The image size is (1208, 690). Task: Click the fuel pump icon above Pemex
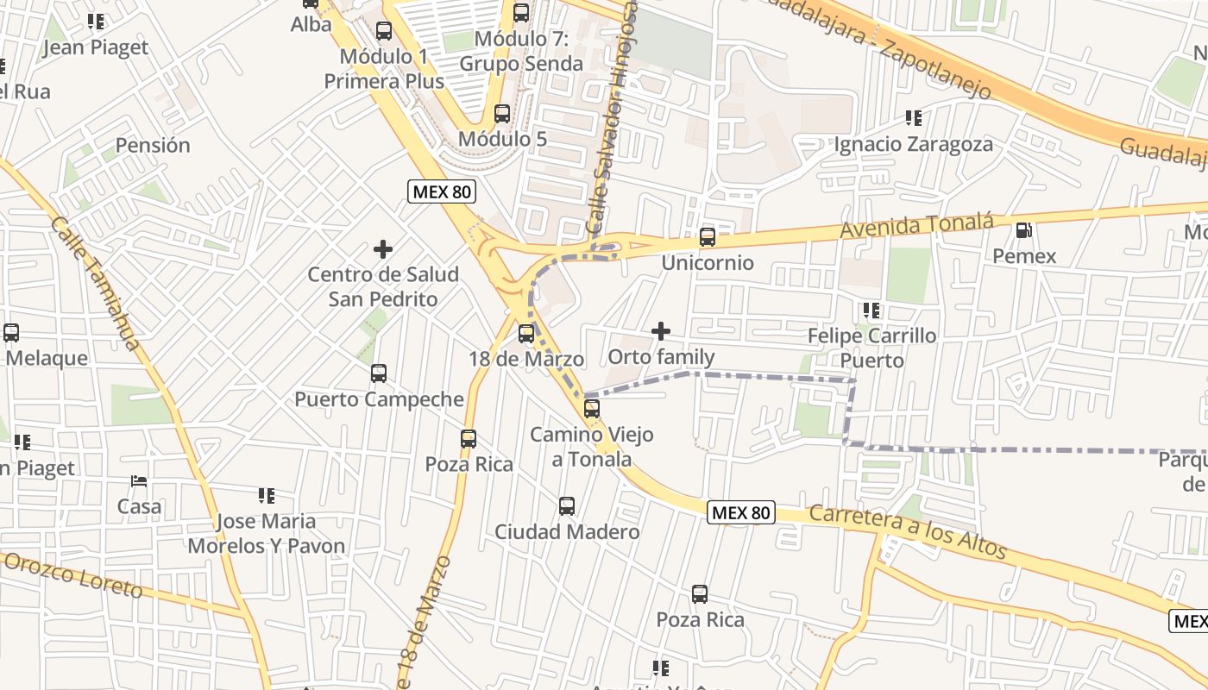[1024, 230]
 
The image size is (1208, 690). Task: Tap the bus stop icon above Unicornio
[708, 236]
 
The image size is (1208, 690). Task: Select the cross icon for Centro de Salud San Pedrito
[383, 249]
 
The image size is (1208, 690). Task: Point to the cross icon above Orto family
[661, 331]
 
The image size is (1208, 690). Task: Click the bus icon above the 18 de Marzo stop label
[526, 333]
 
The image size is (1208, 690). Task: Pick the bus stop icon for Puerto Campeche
[379, 373]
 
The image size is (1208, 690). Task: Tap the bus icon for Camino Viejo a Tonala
[592, 409]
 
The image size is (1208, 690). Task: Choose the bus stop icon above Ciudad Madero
[567, 506]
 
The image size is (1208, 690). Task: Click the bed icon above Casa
[139, 480]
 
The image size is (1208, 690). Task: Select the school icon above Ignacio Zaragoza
[913, 117]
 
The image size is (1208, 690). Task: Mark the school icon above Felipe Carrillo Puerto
[871, 310]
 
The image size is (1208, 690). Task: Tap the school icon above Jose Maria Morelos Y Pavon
[266, 496]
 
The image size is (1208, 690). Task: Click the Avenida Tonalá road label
[916, 227]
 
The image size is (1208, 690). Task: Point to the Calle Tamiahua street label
[95, 283]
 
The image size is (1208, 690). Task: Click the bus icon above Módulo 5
[502, 114]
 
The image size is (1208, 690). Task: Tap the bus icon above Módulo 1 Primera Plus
[384, 31]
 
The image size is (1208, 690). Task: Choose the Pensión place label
[153, 145]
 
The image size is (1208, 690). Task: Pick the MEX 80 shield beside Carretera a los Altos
[741, 512]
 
